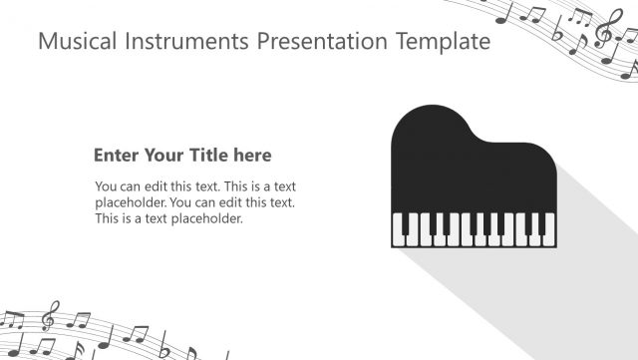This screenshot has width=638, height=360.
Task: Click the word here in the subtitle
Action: pos(251,156)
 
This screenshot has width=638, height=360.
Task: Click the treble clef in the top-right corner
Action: pos(604,32)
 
